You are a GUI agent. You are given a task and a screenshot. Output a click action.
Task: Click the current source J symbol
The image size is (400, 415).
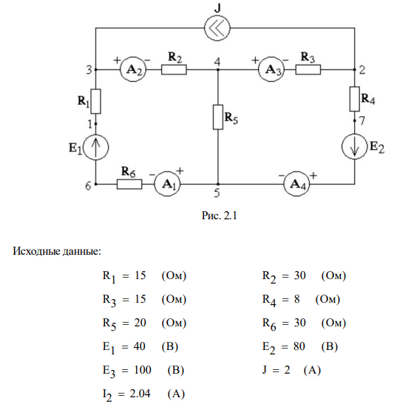pos(217,28)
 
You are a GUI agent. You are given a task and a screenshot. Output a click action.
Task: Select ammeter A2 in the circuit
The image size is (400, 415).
pos(133,69)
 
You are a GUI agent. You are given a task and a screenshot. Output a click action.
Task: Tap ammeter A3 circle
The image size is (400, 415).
pos(271,69)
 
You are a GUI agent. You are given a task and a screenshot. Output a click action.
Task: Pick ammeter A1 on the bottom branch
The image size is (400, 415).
pos(168,184)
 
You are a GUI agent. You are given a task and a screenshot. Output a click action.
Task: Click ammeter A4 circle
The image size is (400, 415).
pos(296,184)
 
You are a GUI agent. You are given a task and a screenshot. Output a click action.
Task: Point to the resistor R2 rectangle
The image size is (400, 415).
pos(174,70)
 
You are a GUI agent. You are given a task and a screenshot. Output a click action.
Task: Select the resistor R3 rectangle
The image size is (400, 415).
pos(308,70)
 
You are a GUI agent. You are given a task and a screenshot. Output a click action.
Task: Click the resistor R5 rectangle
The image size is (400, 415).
pos(218,117)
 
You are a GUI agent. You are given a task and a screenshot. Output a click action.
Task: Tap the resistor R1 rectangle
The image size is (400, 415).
pos(95,101)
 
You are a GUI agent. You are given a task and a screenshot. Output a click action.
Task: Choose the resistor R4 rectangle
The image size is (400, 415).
pos(355,99)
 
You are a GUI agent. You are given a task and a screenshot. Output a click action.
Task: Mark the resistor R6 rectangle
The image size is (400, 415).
pos(129,184)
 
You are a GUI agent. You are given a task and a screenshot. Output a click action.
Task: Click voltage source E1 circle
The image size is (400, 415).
pos(95,147)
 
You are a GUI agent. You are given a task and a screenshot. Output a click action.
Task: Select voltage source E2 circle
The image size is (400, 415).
pos(355,146)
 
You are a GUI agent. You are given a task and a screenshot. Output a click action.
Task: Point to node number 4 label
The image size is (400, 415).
pos(217,62)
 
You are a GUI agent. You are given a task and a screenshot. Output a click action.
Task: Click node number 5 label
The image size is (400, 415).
pos(217,193)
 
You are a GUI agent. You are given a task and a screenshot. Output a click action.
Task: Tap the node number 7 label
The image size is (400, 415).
pos(362,120)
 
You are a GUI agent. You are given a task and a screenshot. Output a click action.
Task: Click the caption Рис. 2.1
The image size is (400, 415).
pos(219,216)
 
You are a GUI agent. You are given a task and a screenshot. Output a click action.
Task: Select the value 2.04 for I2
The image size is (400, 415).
pos(140,394)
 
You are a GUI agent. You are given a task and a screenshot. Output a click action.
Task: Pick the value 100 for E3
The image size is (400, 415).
pos(143,370)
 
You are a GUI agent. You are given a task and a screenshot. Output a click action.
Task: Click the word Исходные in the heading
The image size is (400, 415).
pos(36,251)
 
